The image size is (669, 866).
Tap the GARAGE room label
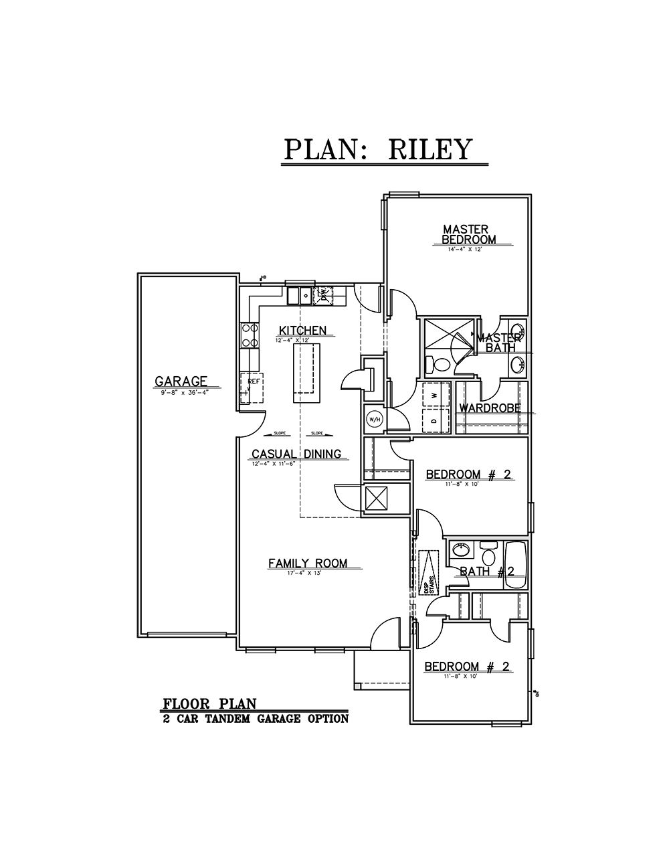(181, 381)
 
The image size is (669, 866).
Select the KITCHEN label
(302, 331)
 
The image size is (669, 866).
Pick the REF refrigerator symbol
(252, 388)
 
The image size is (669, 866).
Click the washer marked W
(434, 396)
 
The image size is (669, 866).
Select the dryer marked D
(434, 421)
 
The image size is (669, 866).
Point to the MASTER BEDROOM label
(469, 234)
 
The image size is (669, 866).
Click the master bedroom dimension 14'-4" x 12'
(469, 249)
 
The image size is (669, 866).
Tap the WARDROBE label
(490, 408)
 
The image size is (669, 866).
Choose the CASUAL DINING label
(296, 454)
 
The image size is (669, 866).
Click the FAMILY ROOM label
(308, 564)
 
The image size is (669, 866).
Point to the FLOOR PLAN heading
(209, 703)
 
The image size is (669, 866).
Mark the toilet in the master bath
(440, 365)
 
